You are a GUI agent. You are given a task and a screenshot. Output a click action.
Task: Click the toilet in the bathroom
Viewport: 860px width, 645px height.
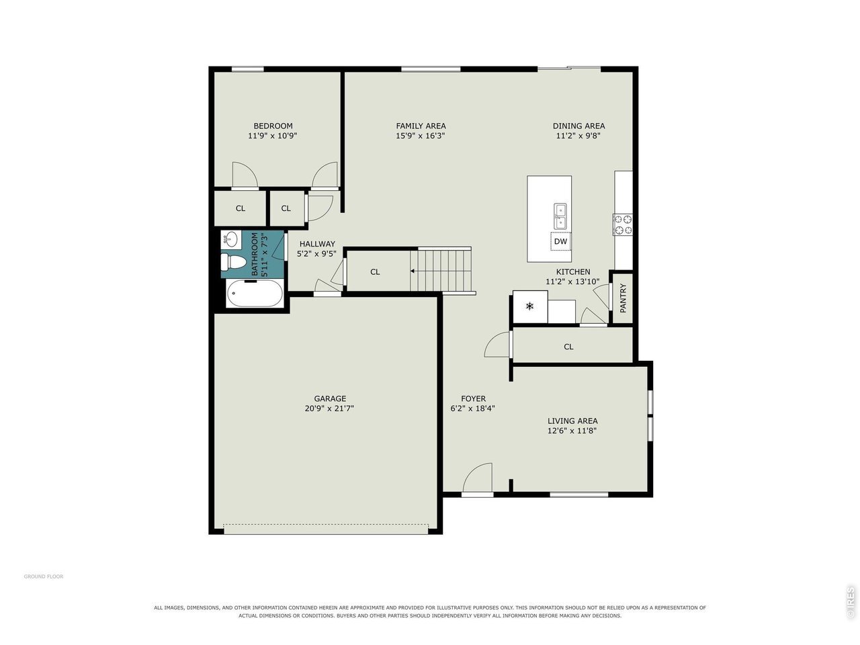[x=230, y=261]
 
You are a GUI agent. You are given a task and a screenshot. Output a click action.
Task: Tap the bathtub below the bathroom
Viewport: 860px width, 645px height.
[x=255, y=294]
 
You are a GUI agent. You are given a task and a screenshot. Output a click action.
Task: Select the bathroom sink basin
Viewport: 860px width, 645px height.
[x=230, y=239]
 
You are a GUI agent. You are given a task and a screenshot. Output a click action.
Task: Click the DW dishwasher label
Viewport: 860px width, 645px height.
[x=560, y=241]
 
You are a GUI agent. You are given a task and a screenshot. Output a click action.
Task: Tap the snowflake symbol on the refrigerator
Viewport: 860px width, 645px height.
[x=529, y=306]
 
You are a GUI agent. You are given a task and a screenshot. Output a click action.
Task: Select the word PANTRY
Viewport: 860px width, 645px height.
[x=623, y=298]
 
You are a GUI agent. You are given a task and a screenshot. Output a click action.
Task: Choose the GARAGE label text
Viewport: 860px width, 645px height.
[x=330, y=398]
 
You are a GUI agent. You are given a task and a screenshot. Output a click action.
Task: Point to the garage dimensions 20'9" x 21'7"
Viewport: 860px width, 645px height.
[x=329, y=408]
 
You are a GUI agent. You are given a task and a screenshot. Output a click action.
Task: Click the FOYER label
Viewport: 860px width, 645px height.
[x=473, y=398]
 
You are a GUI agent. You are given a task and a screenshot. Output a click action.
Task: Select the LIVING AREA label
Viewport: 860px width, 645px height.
[x=572, y=421]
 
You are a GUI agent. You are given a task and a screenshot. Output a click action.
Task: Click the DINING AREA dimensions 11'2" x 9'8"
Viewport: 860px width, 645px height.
[x=578, y=136]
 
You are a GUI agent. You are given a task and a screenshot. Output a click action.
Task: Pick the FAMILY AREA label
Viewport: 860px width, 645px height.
[x=421, y=126]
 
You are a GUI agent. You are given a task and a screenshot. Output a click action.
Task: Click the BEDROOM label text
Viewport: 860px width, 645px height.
[x=273, y=126]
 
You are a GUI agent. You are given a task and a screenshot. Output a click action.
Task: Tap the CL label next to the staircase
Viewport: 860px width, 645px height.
[x=375, y=272]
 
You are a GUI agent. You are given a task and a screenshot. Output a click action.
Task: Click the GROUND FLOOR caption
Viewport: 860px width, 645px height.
[x=44, y=576]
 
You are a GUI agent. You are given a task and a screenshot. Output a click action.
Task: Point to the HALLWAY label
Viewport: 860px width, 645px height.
[x=317, y=244]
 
